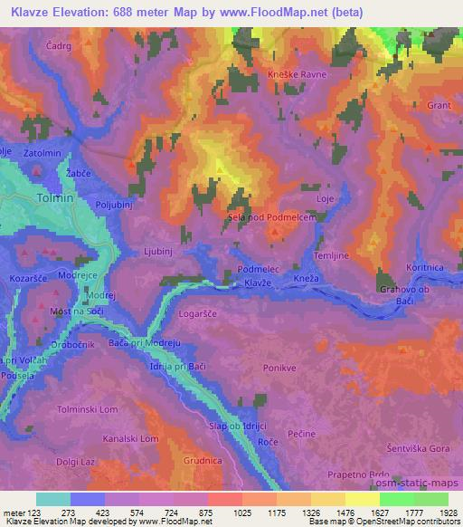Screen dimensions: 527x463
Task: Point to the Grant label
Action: [439, 106]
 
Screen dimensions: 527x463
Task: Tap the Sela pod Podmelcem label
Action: [273, 217]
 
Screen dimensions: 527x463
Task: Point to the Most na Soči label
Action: [75, 311]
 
